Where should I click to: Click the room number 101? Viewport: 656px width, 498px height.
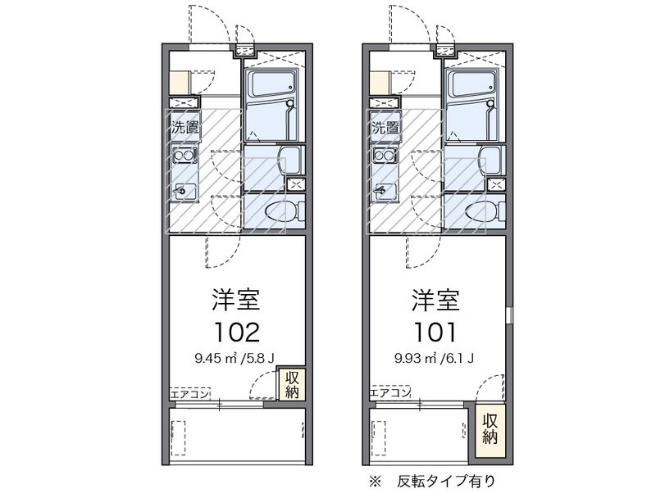(435, 331)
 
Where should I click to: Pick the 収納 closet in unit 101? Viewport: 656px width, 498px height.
(490, 427)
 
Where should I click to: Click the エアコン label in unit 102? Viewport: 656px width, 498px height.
(189, 394)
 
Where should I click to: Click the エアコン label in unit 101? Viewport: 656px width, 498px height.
(389, 394)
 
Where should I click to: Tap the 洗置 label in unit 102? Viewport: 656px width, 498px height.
(184, 128)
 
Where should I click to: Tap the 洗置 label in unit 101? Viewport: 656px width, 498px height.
(385, 128)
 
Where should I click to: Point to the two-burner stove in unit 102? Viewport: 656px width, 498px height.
(184, 155)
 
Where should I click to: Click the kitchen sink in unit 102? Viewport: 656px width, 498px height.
(184, 191)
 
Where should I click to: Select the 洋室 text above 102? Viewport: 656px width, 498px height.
(237, 299)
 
